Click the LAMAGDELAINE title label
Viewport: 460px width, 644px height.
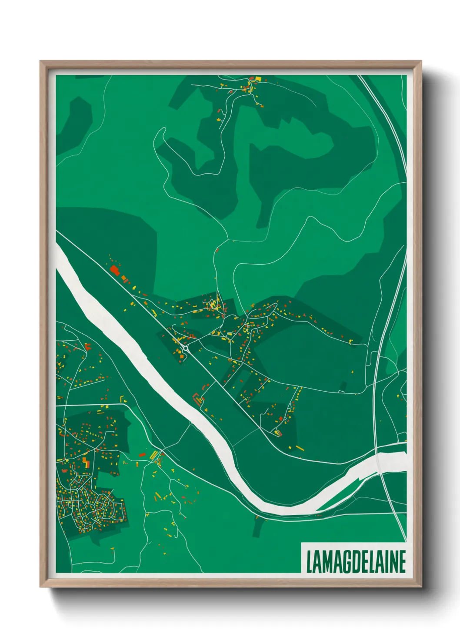pyautogui.click(x=356, y=562)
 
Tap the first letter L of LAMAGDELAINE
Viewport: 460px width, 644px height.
pyautogui.click(x=309, y=562)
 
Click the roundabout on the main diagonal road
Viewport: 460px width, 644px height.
pyautogui.click(x=186, y=348)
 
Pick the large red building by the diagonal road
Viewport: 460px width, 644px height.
pyautogui.click(x=114, y=269)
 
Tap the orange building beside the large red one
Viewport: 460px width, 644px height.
pyautogui.click(x=123, y=277)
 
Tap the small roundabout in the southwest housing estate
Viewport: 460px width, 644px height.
pyautogui.click(x=77, y=490)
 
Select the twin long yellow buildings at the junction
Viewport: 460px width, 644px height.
pyautogui.click(x=153, y=456)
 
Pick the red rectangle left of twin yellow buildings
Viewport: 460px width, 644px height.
pyautogui.click(x=142, y=454)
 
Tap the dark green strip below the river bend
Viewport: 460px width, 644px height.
pyautogui.click(x=257, y=528)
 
